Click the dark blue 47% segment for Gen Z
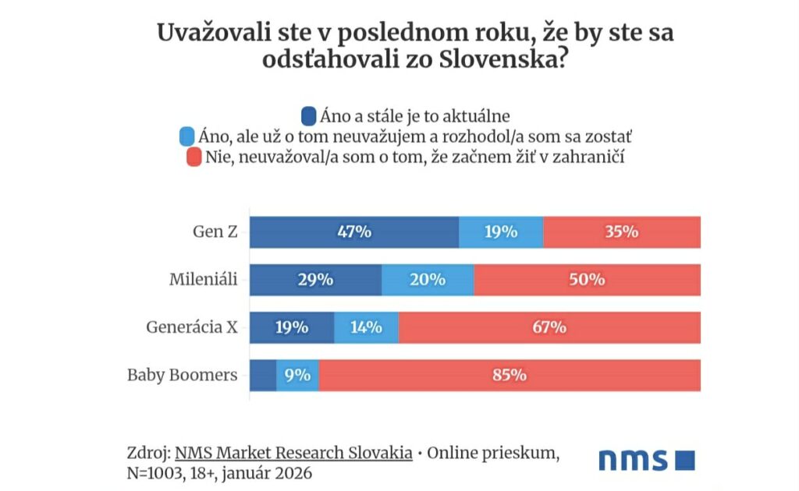coord(354,232)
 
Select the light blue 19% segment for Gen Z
coord(501,232)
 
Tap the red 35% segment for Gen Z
coord(622,232)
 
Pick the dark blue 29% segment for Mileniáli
coord(315,280)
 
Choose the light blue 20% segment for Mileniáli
coord(428,280)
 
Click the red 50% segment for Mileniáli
coord(587,280)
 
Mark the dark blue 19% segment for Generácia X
coord(292,327)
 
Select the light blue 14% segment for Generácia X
coord(366,327)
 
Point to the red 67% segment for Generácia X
coord(549,327)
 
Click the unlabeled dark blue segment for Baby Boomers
coord(263,375)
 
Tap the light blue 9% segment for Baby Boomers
coord(297,375)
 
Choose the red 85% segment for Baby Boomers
coord(510,375)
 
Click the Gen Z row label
coord(215,232)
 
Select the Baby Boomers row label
coord(182,375)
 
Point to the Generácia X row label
coord(191,327)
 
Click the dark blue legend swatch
coord(307,117)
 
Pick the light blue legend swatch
coord(186,137)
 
